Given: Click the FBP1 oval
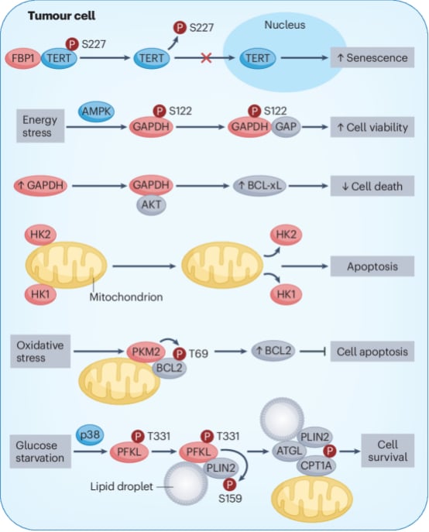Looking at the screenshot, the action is click(23, 58).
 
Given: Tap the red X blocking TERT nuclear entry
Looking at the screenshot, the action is click(206, 58).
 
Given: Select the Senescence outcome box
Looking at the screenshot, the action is click(372, 57).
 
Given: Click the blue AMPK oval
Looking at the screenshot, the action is click(97, 112).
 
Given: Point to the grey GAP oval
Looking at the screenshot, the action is click(286, 127).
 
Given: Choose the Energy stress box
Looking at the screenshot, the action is click(40, 126).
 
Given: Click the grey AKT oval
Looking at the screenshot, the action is click(151, 204).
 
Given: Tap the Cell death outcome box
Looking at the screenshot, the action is click(372, 186).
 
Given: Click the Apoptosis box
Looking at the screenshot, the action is click(372, 266).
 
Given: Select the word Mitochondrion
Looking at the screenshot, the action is click(126, 297).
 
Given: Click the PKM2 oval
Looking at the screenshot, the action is click(146, 351).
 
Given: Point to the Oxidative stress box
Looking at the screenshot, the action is click(40, 351).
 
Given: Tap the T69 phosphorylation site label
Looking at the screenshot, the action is click(198, 354).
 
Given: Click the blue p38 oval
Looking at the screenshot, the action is click(90, 434).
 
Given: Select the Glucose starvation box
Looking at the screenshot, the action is click(40, 451).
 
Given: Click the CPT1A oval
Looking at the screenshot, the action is click(316, 465).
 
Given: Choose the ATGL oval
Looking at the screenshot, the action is click(290, 451).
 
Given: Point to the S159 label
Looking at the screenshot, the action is click(230, 499).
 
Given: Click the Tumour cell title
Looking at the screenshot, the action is click(61, 16).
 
